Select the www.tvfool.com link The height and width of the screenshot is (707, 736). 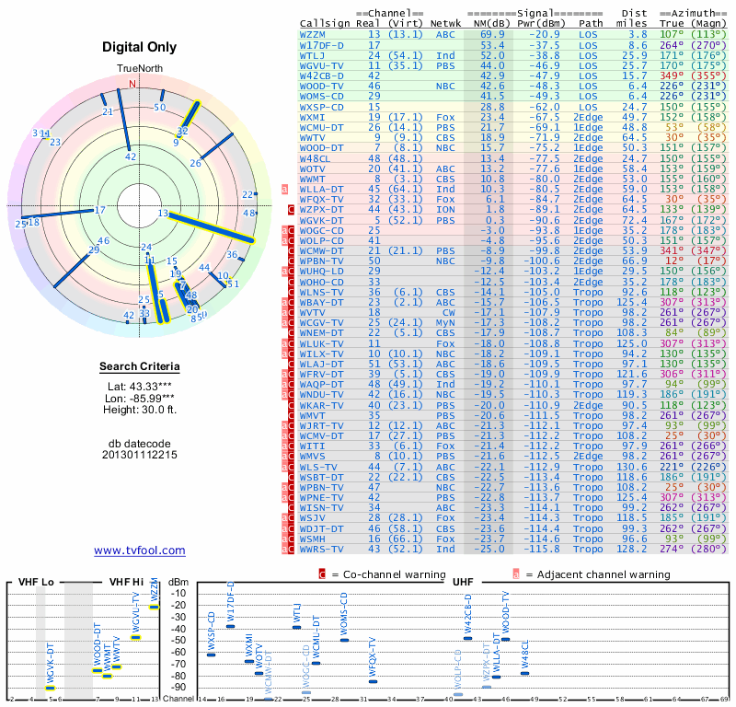139,551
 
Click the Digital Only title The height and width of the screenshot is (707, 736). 139,47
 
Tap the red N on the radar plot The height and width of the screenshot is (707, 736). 132,84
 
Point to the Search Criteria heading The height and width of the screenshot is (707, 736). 139,367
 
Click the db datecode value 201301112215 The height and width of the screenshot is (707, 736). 139,455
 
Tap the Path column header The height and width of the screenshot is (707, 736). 592,22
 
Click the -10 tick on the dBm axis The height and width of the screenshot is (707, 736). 178,593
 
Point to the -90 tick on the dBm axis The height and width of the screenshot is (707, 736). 178,687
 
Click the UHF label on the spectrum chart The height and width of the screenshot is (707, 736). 463,582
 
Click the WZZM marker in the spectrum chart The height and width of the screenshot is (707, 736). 155,607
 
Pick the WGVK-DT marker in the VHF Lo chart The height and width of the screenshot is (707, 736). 50,688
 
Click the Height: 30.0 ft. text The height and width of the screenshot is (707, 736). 139,410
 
